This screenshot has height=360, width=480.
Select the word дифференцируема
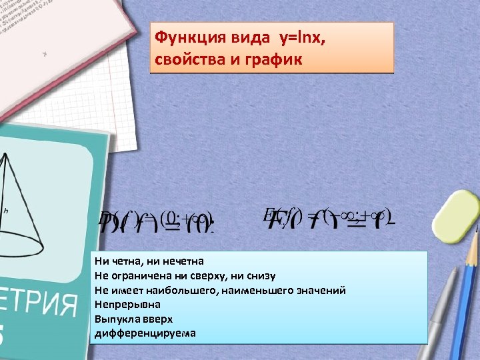[145, 333]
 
